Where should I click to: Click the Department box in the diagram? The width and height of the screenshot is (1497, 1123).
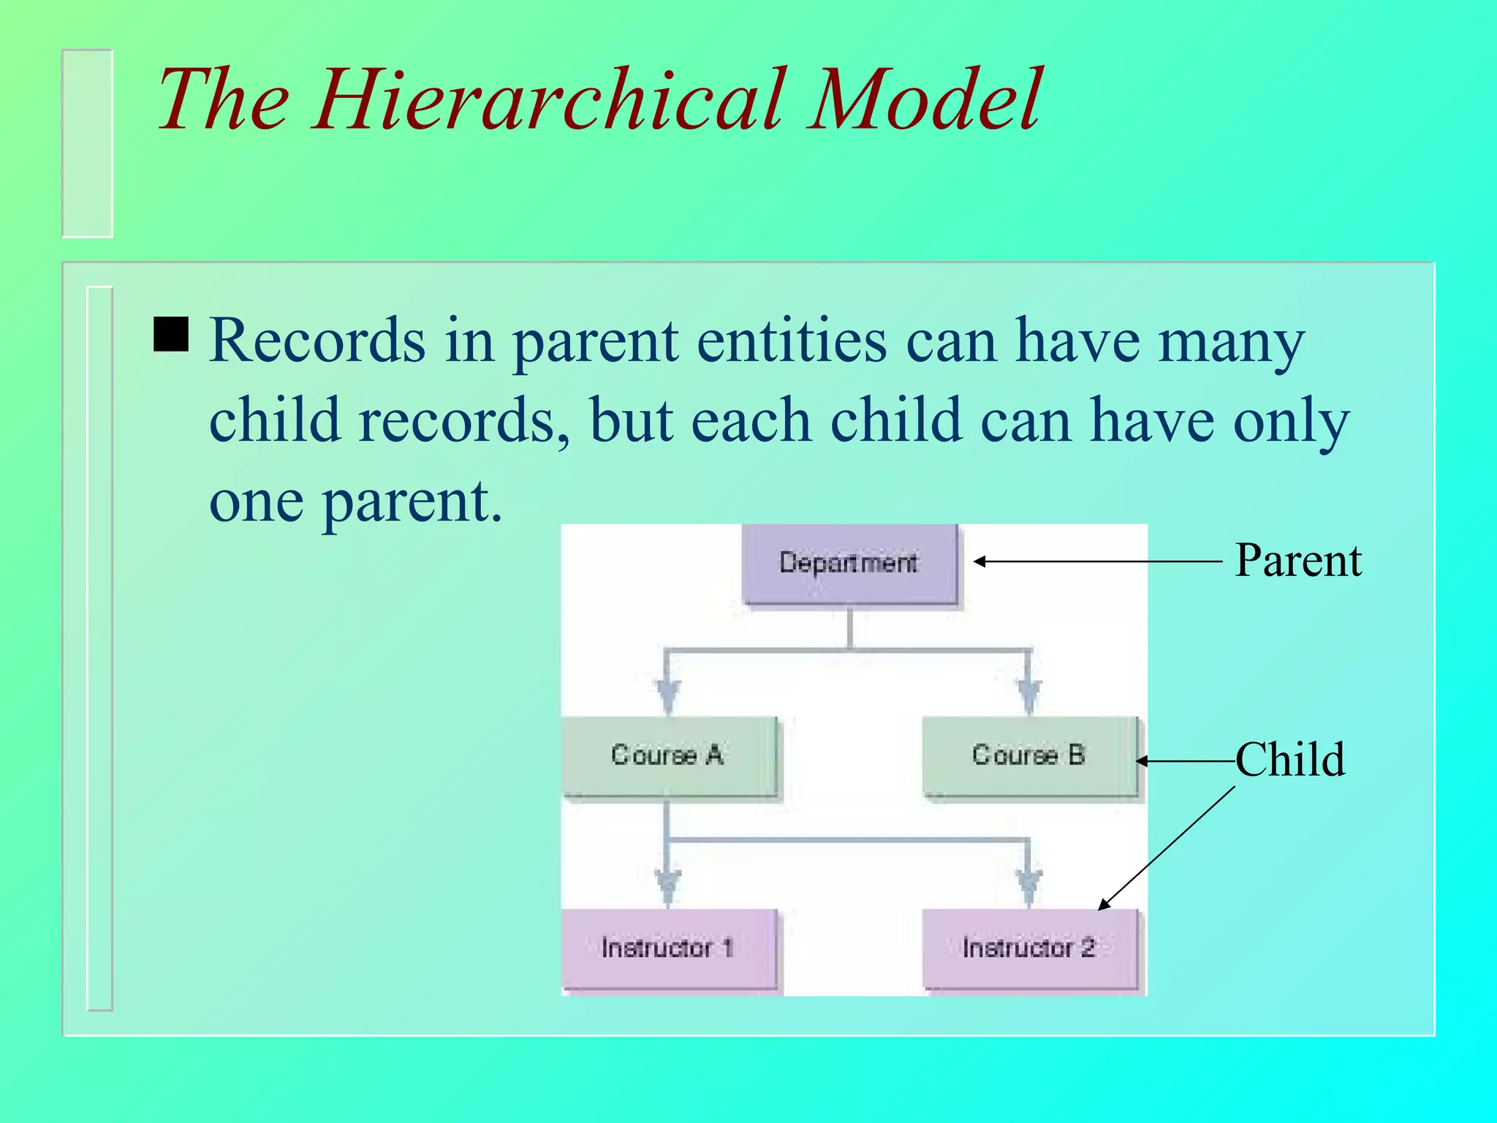[x=849, y=563]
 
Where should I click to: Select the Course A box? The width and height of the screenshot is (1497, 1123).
[x=668, y=755]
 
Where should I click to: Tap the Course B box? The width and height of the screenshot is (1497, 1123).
[x=1028, y=755]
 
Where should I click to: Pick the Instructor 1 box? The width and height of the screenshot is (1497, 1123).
[x=668, y=948]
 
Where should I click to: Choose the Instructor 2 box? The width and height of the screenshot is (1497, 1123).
[x=1028, y=948]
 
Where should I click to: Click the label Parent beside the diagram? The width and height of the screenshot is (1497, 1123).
[x=1297, y=561]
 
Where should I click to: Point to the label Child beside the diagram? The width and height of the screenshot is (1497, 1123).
[x=1290, y=760]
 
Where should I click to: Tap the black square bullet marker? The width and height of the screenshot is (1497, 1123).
[x=171, y=335]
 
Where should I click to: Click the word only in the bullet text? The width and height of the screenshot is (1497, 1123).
[x=1291, y=423]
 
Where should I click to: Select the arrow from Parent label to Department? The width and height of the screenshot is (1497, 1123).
[x=1096, y=561]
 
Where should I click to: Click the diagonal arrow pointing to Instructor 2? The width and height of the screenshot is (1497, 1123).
[x=1167, y=848]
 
